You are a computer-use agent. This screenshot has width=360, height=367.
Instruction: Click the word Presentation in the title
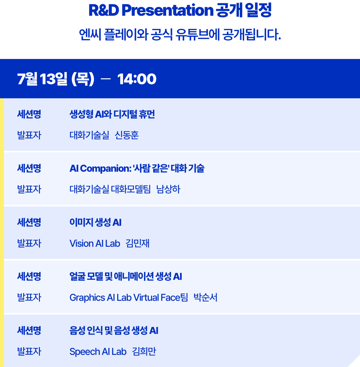pyautogui.click(x=167, y=10)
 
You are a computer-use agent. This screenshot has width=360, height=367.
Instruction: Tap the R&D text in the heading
pyautogui.click(x=104, y=10)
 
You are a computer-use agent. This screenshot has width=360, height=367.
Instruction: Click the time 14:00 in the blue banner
pyautogui.click(x=137, y=79)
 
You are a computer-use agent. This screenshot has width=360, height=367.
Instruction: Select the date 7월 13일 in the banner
pyautogui.click(x=42, y=79)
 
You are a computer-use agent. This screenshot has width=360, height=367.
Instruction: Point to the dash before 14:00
pyautogui.click(x=105, y=79)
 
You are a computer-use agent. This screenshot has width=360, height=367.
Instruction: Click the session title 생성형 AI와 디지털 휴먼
pyautogui.click(x=112, y=114)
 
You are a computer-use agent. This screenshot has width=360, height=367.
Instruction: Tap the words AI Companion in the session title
pyautogui.click(x=100, y=168)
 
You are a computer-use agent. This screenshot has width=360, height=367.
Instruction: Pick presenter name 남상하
pyautogui.click(x=168, y=189)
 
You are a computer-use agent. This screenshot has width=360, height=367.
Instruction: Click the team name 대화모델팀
pyautogui.click(x=131, y=189)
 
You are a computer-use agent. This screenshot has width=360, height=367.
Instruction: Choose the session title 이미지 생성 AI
pyautogui.click(x=95, y=222)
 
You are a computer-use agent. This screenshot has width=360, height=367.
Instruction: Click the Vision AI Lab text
pyautogui.click(x=95, y=243)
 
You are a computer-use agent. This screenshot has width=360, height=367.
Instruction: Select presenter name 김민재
pyautogui.click(x=137, y=243)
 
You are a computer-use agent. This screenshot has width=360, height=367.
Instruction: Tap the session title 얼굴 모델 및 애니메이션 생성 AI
pyautogui.click(x=126, y=277)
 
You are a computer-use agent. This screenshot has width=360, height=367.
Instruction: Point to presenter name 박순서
pyautogui.click(x=206, y=298)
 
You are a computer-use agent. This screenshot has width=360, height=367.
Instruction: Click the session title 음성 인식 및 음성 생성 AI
pyautogui.click(x=114, y=331)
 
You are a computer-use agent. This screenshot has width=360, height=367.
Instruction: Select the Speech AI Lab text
pyautogui.click(x=98, y=352)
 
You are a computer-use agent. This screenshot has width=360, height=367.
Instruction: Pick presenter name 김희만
pyautogui.click(x=144, y=352)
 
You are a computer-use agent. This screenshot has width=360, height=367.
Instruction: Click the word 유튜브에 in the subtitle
pyautogui.click(x=198, y=35)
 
